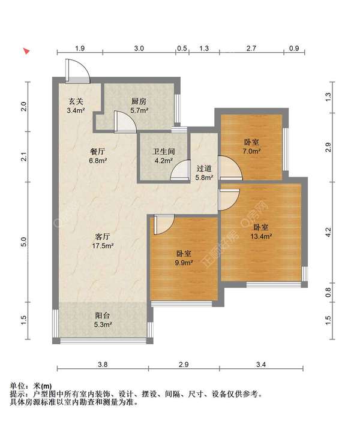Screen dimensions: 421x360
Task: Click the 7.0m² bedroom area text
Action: [x=251, y=151]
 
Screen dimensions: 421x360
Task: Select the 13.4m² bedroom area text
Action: [x=260, y=236]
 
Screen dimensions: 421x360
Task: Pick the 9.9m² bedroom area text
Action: [x=184, y=262]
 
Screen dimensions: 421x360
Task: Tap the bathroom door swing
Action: [x=179, y=172]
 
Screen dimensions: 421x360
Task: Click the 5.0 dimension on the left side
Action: [x=24, y=242]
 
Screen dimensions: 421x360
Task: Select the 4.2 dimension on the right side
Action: [x=328, y=232]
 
